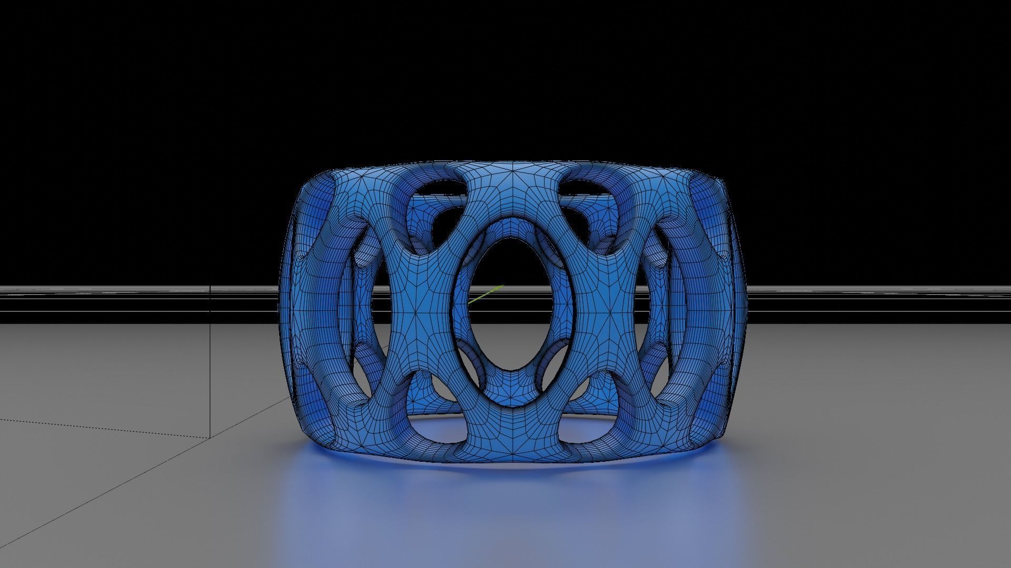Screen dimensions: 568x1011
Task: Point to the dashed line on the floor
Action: [105, 429]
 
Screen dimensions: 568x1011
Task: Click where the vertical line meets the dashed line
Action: [211, 438]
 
